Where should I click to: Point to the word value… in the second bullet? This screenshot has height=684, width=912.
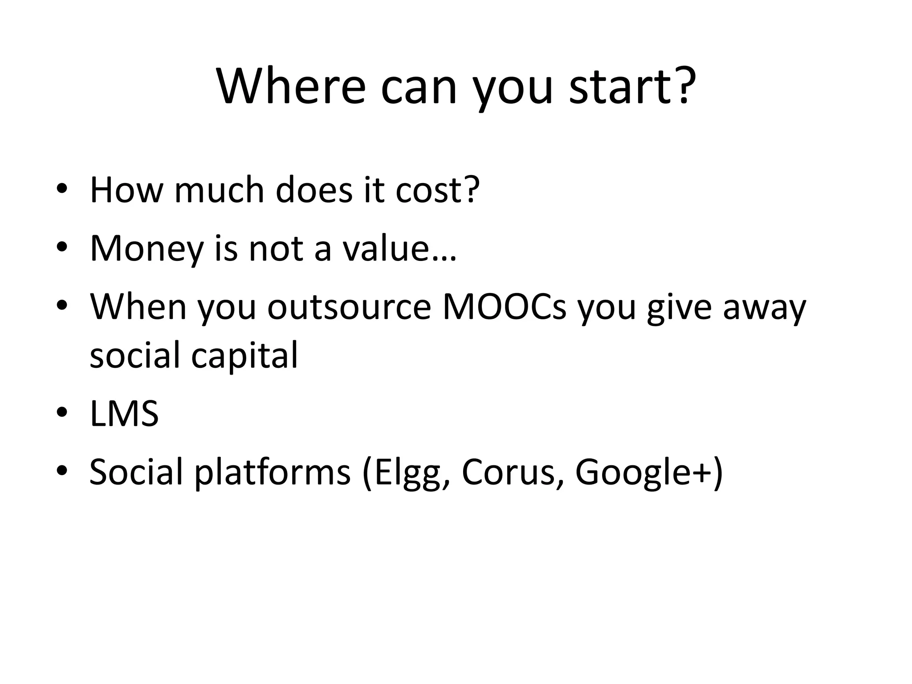tap(399, 248)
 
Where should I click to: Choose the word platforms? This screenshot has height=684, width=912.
tap(273, 473)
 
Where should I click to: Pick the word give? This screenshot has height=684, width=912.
tap(679, 308)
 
